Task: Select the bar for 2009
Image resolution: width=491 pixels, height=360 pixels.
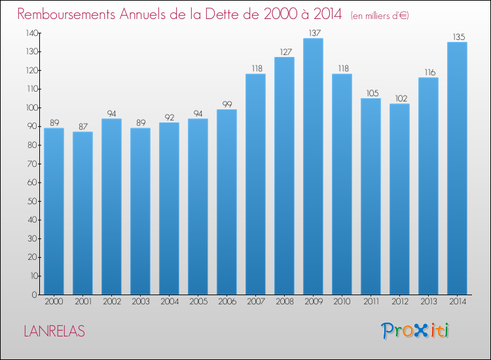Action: pyautogui.click(x=313, y=166)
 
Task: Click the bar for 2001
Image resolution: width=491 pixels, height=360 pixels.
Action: pyautogui.click(x=82, y=213)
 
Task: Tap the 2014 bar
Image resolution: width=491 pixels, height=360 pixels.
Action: pyautogui.click(x=457, y=168)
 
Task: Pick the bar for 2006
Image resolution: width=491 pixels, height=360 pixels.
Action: pyautogui.click(x=227, y=202)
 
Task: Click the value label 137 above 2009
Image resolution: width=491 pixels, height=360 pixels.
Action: pyautogui.click(x=315, y=33)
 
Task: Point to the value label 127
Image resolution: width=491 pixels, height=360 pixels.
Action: pyautogui.click(x=285, y=52)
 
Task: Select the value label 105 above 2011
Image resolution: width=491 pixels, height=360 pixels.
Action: pyautogui.click(x=373, y=93)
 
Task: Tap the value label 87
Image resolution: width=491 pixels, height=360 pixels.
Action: pyautogui.click(x=83, y=126)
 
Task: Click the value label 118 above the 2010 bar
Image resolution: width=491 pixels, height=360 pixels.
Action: pyautogui.click(x=343, y=68)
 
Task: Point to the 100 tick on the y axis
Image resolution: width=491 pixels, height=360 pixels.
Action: pyautogui.click(x=32, y=108)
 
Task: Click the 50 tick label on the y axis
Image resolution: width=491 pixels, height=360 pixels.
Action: pyautogui.click(x=33, y=201)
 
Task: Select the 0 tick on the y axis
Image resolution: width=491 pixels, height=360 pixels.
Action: pyautogui.click(x=35, y=295)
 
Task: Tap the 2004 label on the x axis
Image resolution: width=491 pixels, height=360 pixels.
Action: pyautogui.click(x=170, y=301)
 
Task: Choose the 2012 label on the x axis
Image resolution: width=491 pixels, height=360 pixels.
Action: pyautogui.click(x=400, y=301)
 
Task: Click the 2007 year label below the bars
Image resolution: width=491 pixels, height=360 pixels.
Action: pyautogui.click(x=256, y=301)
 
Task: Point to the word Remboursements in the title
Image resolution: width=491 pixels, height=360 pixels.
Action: pyautogui.click(x=66, y=14)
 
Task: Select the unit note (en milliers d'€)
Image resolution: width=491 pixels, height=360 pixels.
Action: pyautogui.click(x=380, y=16)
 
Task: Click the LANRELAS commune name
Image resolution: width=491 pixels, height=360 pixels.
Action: pyautogui.click(x=54, y=331)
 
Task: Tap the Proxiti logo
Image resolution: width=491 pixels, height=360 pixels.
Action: pyautogui.click(x=415, y=331)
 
